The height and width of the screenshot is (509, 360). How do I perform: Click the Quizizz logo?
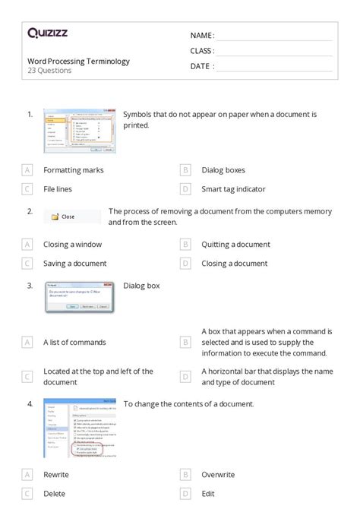coord(47,33)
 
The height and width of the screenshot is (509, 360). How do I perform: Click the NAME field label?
coord(202,36)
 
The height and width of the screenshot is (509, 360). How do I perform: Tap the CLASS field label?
coord(202,51)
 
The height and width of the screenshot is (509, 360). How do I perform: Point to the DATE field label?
coord(201,66)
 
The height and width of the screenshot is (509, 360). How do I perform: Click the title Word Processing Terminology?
coord(78,61)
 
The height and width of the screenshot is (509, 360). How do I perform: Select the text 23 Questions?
coord(49,71)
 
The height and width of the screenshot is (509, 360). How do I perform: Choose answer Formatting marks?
coord(73,170)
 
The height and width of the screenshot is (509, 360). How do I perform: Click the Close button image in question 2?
coord(72,217)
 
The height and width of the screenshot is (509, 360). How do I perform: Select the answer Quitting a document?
coord(235,245)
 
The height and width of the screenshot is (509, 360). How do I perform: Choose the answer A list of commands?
coord(74,343)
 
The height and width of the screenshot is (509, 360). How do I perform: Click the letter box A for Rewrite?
coord(27,475)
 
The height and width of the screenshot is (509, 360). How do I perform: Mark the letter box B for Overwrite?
coord(185,475)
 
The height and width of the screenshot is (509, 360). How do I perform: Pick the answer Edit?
coord(209,494)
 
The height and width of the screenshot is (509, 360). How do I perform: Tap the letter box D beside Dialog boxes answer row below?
coord(185,189)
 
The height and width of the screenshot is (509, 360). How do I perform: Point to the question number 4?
coord(30,403)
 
